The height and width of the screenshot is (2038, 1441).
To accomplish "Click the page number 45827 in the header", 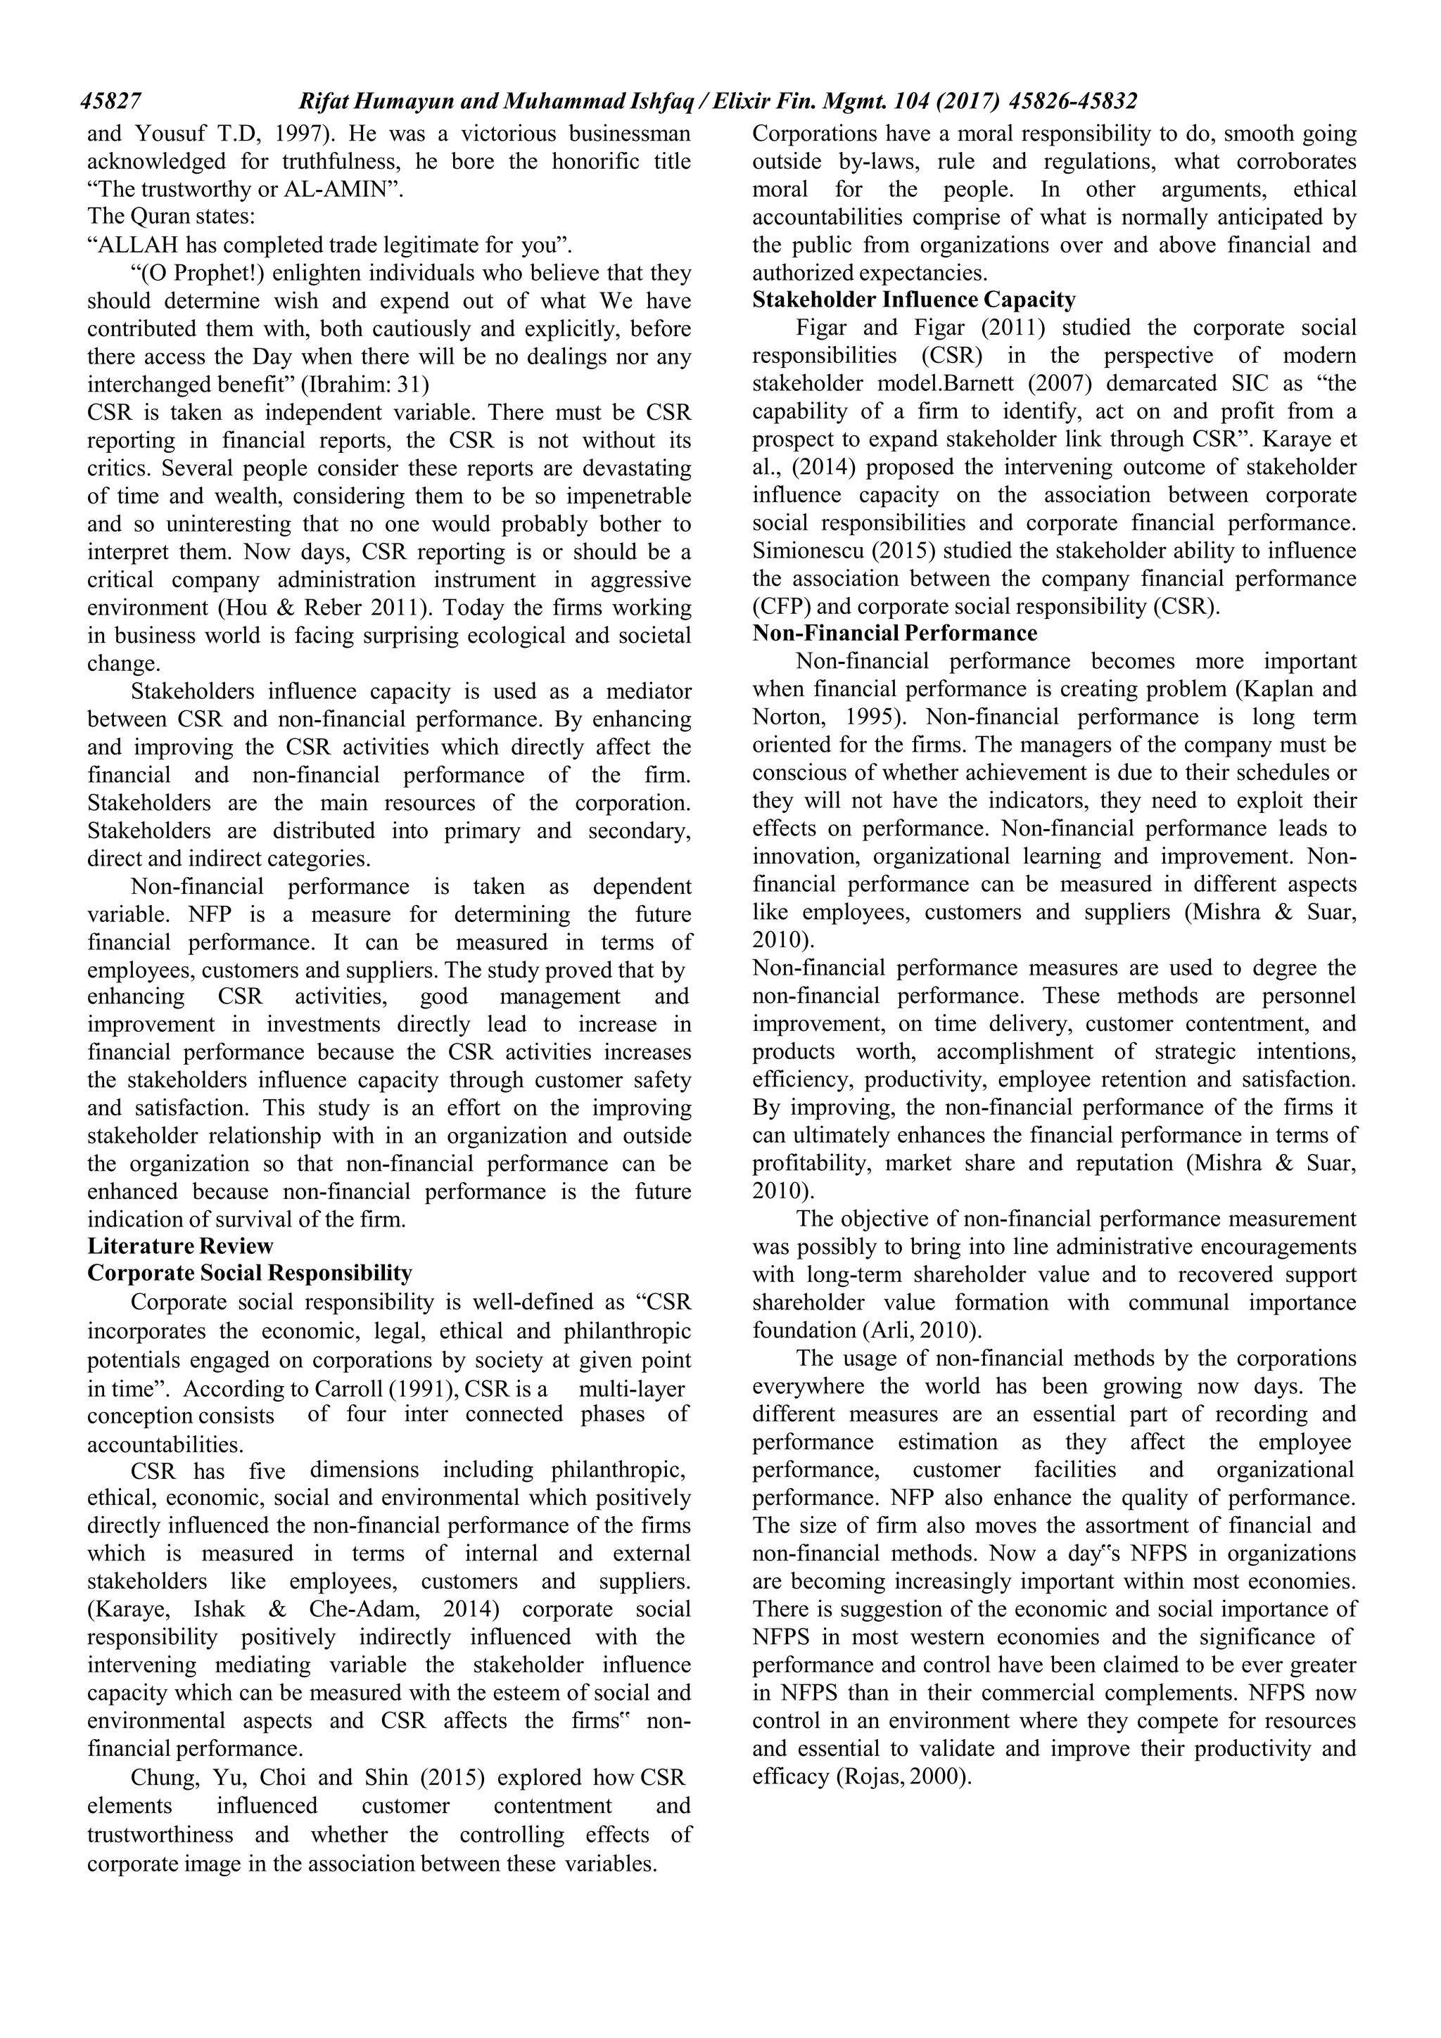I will tap(112, 102).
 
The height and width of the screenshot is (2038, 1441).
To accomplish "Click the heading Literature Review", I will tap(180, 1245).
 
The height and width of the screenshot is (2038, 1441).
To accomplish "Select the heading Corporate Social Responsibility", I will tap(250, 1273).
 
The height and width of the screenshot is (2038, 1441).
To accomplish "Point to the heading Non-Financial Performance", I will tap(894, 633).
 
